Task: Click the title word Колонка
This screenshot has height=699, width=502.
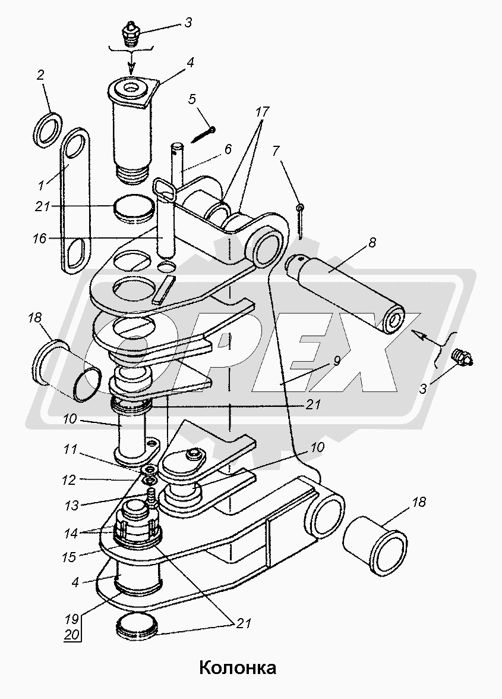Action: (x=237, y=667)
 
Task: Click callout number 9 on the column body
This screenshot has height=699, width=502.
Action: (x=336, y=361)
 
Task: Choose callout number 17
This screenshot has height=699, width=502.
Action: (x=263, y=111)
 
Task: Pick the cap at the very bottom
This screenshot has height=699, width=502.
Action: (x=137, y=626)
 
